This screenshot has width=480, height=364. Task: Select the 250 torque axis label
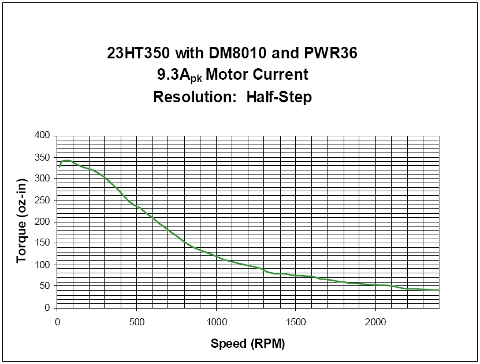pos(42,200)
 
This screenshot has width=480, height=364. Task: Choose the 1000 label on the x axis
pos(217,322)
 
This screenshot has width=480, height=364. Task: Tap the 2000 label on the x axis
pos(375,322)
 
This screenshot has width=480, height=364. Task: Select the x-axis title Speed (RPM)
pos(248,344)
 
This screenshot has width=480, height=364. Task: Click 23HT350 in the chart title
pos(139,53)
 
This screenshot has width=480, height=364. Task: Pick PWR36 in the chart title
pos(330,53)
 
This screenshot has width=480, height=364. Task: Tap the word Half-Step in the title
pos(279,97)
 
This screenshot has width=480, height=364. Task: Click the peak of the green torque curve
pos(66,161)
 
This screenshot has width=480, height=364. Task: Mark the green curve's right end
pos(439,290)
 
